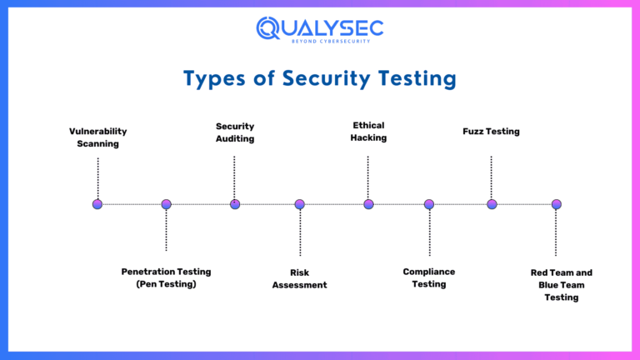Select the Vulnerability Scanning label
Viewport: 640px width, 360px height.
(x=98, y=137)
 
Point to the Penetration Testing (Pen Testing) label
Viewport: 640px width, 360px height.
(x=166, y=277)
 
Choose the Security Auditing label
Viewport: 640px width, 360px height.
(x=235, y=132)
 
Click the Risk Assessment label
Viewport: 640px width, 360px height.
(x=299, y=278)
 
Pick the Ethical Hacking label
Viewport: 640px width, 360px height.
(x=368, y=132)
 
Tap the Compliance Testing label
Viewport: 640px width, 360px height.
(x=429, y=277)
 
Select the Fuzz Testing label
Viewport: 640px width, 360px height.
(x=491, y=132)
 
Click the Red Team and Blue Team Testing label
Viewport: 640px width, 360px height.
(x=561, y=285)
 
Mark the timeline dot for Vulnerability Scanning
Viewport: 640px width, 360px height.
(x=97, y=204)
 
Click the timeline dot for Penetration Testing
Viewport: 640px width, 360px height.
(x=166, y=204)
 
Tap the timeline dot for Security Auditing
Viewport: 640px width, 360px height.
(x=235, y=204)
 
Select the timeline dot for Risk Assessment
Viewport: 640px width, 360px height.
(x=299, y=204)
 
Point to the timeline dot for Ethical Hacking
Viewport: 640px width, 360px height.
(x=368, y=204)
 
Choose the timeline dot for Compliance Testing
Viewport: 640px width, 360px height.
(x=429, y=204)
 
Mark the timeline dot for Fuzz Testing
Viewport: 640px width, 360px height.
(x=492, y=204)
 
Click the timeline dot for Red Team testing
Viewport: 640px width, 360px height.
(x=557, y=204)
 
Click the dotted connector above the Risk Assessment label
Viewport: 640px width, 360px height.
(x=300, y=233)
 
